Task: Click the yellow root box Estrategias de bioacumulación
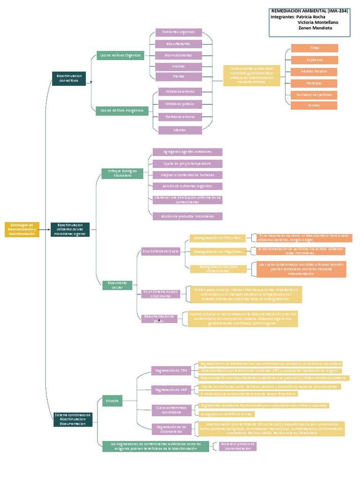(x=22, y=229)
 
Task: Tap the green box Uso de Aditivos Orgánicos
(x=120, y=55)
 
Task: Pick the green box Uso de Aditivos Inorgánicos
(x=122, y=111)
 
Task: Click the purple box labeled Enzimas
(x=179, y=66)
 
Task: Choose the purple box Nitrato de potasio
(x=180, y=104)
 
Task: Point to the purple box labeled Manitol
(x=180, y=130)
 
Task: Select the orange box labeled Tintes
(x=314, y=48)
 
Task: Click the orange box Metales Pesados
(x=314, y=72)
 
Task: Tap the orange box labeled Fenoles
(x=314, y=105)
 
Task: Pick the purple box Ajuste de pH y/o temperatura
(x=187, y=164)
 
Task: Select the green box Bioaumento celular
(x=117, y=285)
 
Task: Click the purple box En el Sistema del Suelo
(x=161, y=251)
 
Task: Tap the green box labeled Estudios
(x=112, y=401)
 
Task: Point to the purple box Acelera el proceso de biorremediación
(x=239, y=446)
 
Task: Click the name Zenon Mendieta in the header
(x=315, y=28)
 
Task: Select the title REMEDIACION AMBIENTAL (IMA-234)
(x=310, y=10)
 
